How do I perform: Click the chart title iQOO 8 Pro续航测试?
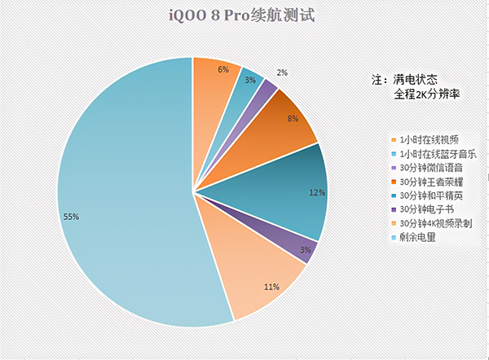pyautogui.click(x=244, y=15)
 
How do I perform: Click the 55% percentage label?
pyautogui.click(x=71, y=217)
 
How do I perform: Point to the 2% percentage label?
pyautogui.click(x=281, y=72)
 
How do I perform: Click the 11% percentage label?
pyautogui.click(x=272, y=287)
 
